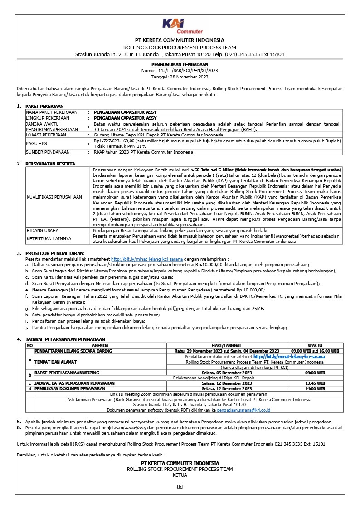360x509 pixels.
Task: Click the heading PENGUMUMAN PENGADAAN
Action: [180, 65]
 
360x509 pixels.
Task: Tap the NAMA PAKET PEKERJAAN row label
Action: [51, 112]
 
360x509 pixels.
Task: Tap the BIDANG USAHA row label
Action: [42, 230]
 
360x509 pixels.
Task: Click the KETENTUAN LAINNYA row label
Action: [49, 238]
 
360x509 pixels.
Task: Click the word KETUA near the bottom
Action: [180, 475]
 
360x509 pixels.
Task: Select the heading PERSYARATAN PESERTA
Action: [50, 164]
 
